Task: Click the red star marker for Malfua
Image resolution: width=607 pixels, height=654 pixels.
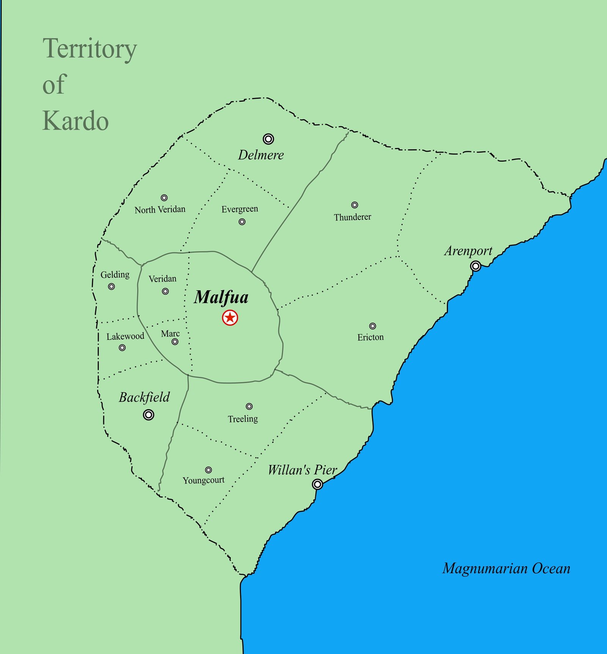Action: tap(230, 317)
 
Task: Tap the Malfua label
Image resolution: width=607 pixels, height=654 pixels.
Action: tap(221, 297)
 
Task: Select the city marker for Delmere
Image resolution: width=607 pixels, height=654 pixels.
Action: tap(268, 139)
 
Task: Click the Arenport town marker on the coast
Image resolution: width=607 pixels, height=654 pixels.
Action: tap(475, 266)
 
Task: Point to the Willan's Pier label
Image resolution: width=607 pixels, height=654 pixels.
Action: tap(302, 470)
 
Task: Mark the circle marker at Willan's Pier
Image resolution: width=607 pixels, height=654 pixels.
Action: tap(318, 484)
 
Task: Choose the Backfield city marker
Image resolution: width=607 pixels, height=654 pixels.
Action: tap(149, 415)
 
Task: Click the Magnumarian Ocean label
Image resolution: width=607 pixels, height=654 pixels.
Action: tap(506, 568)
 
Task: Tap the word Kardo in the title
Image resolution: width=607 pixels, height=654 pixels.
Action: tap(75, 121)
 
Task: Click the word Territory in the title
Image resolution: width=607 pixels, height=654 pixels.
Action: tap(90, 49)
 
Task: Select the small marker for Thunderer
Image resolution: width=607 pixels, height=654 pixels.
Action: tap(354, 205)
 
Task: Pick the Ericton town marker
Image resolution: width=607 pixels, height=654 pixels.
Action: tap(373, 326)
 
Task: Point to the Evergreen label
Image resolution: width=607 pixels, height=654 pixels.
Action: tap(240, 209)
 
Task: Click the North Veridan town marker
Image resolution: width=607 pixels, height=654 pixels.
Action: tap(164, 198)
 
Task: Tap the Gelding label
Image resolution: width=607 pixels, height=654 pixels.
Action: tap(115, 274)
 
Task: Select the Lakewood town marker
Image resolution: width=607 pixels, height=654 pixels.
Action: tap(122, 348)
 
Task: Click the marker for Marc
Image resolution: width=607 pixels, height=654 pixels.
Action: tap(175, 342)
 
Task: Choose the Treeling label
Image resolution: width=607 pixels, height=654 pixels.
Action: tap(243, 419)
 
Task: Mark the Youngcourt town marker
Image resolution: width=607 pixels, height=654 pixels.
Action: tap(208, 470)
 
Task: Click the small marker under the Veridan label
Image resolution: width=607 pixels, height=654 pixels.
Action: tap(165, 292)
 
